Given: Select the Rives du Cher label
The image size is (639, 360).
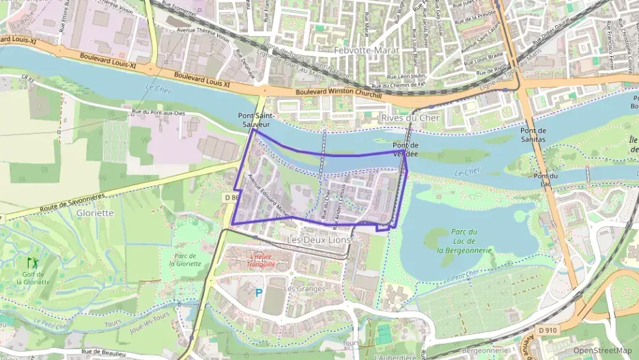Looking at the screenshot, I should [x=410, y=117].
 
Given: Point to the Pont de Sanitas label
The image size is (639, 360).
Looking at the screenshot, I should [x=533, y=135].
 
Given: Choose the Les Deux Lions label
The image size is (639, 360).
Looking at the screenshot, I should [x=318, y=240].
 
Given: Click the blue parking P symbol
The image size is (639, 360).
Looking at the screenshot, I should [x=258, y=292].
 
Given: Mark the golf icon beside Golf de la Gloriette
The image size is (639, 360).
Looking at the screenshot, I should [x=31, y=262].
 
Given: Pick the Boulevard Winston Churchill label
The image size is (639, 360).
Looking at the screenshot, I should [x=339, y=94].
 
